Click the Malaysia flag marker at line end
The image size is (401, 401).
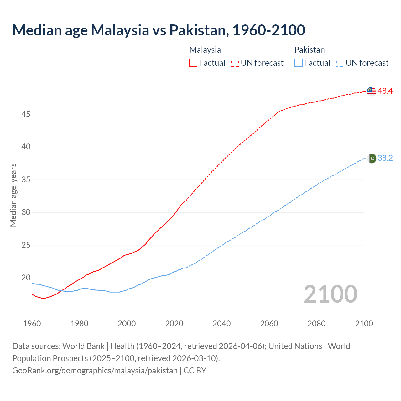tap(372, 91)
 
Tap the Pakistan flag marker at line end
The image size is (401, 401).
tap(372, 158)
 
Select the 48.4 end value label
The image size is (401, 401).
tap(385, 91)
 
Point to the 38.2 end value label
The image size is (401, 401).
tap(385, 158)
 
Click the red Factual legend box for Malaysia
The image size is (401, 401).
tap(193, 63)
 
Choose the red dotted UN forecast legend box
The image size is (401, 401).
tap(235, 63)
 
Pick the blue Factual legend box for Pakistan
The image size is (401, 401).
tap(299, 63)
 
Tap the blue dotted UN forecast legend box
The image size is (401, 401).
tap(340, 63)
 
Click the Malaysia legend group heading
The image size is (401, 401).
tap(205, 50)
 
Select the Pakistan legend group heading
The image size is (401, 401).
tap(309, 50)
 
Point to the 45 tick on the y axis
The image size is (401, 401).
tap(26, 114)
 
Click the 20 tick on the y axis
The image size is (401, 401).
tap(26, 278)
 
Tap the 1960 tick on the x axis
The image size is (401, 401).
tap(32, 324)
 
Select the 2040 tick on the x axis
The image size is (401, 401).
tap(221, 324)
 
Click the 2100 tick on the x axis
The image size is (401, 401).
tap(364, 324)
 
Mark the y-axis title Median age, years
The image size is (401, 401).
tap(13, 195)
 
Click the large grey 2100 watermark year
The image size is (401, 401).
tap(330, 294)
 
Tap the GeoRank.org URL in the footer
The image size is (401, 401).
tap(95, 371)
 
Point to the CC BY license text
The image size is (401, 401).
tap(195, 371)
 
